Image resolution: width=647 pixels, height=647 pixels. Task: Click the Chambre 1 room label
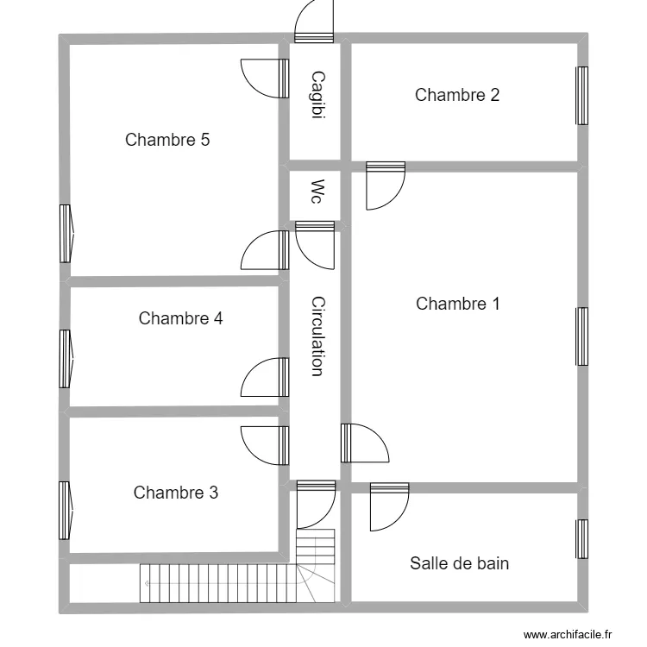[x=457, y=304]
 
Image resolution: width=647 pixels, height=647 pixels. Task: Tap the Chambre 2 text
[x=456, y=95]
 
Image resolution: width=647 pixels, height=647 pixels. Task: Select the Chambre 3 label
[x=175, y=493]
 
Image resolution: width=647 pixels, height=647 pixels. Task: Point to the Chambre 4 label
[x=180, y=318]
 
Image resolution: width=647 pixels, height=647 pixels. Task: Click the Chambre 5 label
[x=167, y=140]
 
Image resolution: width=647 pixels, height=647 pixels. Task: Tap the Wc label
[x=317, y=192]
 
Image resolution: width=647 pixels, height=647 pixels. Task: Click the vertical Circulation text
[x=317, y=336]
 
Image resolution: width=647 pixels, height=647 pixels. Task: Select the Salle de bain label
[x=459, y=563]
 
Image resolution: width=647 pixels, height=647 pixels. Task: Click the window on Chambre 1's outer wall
[x=582, y=336]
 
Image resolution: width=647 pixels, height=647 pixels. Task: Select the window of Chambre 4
[x=65, y=359]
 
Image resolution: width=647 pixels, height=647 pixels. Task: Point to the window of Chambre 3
[x=65, y=510]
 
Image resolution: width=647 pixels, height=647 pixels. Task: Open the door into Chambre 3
[x=262, y=446]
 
